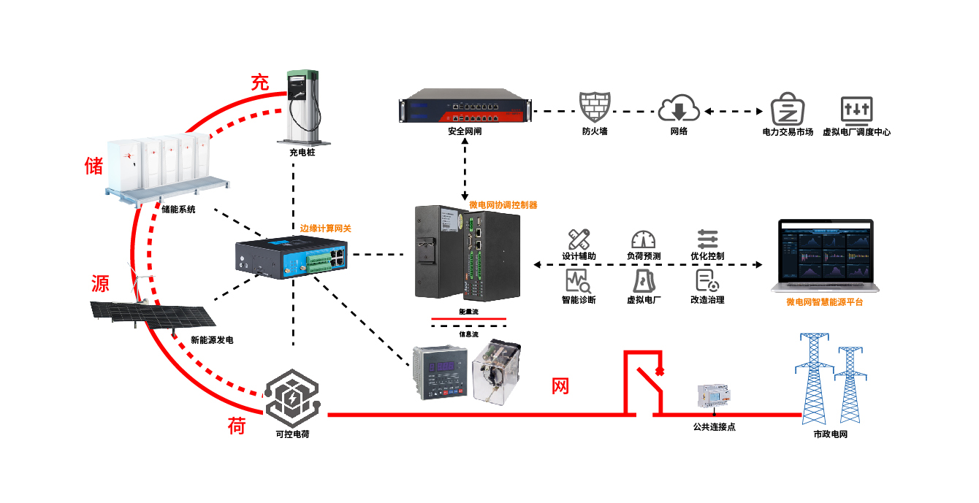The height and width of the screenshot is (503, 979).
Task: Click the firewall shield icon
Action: coord(594,107)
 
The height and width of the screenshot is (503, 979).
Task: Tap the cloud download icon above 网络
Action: coord(679,108)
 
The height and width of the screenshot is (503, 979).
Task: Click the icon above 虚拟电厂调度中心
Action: coord(856,109)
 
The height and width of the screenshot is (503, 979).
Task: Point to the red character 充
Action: coord(260,82)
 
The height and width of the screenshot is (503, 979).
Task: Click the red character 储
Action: coord(94,165)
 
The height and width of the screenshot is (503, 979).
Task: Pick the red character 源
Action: coord(100,283)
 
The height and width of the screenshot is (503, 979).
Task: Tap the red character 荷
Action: coord(236,426)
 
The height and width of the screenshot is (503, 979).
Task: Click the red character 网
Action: coord(560,386)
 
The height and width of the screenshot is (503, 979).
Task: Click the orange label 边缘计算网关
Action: coord(326,229)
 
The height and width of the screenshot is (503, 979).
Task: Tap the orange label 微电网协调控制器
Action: coord(503,205)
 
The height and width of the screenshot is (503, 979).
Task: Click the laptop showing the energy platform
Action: coord(824,255)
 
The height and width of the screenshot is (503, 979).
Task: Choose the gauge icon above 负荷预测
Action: coord(643,239)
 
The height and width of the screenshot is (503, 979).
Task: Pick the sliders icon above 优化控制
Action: coord(707,239)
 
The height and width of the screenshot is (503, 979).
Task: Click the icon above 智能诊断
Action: coord(578,280)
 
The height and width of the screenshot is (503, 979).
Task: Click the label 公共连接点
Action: coord(714,426)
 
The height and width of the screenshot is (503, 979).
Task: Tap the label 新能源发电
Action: coord(212,340)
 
